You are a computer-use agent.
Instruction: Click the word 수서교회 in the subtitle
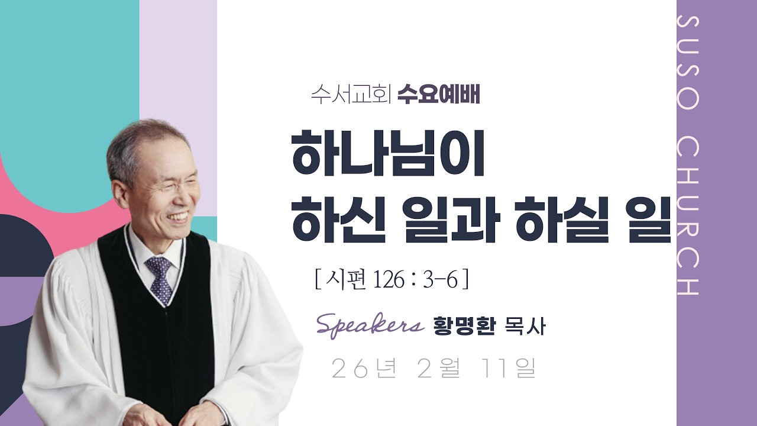351,95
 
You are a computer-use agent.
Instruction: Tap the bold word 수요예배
438,95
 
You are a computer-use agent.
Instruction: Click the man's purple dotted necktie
160,279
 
